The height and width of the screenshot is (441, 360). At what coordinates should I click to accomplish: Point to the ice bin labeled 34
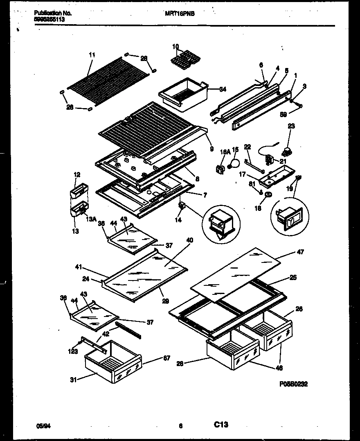tap(184, 91)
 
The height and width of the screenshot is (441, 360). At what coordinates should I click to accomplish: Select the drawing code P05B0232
tap(293, 384)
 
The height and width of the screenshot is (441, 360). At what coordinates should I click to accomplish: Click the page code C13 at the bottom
tap(221, 425)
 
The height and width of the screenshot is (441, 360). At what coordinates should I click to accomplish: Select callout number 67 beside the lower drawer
tap(166, 358)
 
